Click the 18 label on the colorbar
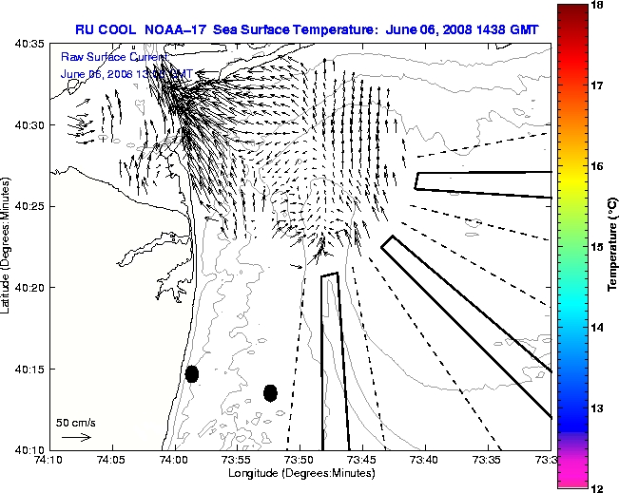[x=599, y=5]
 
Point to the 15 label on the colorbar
[x=599, y=247]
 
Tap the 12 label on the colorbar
[x=599, y=487]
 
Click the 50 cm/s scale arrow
[x=76, y=438]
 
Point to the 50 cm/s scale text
[x=75, y=422]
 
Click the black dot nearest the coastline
[x=192, y=373]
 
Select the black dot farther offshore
[x=270, y=392]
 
